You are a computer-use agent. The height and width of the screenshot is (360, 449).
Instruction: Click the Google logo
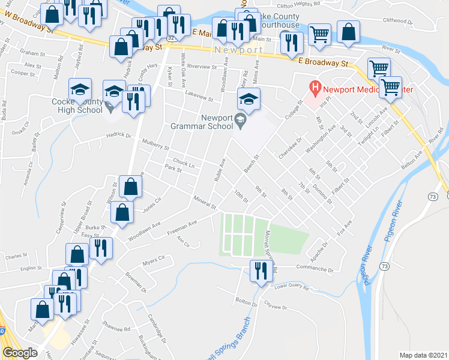click(20, 353)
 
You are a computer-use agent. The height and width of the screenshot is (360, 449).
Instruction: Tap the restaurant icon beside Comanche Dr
click(260, 271)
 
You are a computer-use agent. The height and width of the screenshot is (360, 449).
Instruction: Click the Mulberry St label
click(154, 144)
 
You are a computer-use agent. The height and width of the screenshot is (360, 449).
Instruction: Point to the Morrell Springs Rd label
click(270, 252)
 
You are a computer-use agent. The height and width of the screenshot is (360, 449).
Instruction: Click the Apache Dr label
click(317, 248)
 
